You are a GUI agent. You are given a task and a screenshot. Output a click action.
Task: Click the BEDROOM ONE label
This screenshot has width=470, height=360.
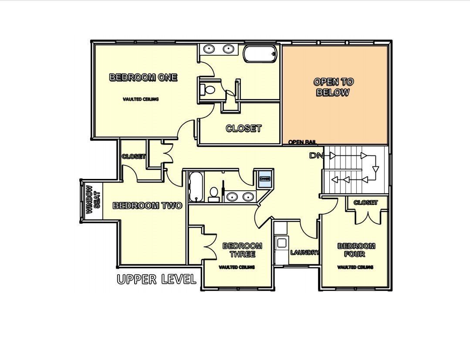coord(143,77)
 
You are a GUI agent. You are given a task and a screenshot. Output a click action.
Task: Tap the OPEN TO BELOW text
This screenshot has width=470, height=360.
coord(333,87)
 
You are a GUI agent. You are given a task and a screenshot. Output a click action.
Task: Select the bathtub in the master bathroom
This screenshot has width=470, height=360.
coord(260,54)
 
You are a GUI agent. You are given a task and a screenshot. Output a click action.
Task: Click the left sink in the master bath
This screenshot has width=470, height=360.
coord(208,49)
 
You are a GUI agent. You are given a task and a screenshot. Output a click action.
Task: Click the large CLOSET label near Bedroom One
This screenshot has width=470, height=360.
coord(243,128)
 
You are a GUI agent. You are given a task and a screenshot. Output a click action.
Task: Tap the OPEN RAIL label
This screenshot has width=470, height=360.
coord(302,142)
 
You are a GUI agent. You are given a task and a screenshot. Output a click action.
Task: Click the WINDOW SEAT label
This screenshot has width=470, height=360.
coord(92,200)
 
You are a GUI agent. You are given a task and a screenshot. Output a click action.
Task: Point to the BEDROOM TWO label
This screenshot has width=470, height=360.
coord(147,205)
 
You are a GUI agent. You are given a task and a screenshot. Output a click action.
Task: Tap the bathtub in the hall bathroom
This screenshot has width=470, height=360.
coord(196,186)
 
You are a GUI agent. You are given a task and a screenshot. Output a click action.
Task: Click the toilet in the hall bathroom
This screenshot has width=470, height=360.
coord(214,193)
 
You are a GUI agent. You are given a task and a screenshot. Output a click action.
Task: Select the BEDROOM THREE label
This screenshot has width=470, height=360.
coord(242,250)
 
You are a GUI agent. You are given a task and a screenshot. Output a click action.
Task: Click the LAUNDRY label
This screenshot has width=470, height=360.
coord(304,252)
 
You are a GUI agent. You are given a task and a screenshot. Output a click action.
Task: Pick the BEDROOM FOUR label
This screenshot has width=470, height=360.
coord(356,250)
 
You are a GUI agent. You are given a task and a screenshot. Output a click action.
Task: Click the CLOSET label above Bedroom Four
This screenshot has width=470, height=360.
coord(365,202)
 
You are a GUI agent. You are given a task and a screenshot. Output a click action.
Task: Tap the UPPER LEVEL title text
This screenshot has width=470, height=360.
coord(156,279)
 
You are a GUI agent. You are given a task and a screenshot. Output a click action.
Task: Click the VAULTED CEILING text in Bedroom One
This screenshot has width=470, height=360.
coord(141,99)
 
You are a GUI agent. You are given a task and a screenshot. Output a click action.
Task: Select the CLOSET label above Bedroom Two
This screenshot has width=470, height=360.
coord(133,156)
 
